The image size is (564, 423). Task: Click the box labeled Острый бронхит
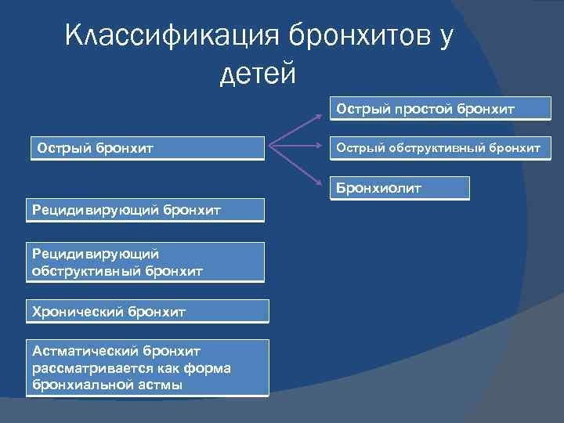point(147,147)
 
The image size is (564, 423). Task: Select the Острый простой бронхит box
point(439,108)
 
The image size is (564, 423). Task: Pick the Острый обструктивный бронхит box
point(439,147)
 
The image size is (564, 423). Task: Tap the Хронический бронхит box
point(147,311)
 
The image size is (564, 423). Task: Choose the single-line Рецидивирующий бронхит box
point(145,210)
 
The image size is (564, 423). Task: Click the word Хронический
point(75,311)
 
